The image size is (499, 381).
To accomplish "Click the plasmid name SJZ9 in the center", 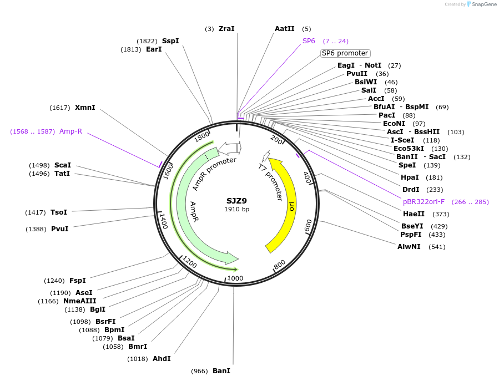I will (x=236, y=201).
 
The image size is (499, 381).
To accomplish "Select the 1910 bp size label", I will (x=236, y=209).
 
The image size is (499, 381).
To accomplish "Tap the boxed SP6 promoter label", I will (x=345, y=53).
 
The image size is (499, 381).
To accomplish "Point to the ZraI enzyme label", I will (x=226, y=28).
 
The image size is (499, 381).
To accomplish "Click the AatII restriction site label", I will (x=284, y=28).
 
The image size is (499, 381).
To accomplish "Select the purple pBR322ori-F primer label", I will (x=424, y=202).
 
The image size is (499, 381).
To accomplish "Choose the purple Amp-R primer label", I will (x=70, y=131).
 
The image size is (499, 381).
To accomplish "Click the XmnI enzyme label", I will (x=85, y=108).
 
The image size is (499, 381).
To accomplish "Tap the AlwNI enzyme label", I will (x=409, y=246).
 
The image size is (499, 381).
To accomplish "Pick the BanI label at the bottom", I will (x=221, y=370).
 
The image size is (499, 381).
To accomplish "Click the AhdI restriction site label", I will (x=162, y=359).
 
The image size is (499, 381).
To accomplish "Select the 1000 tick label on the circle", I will (x=235, y=278).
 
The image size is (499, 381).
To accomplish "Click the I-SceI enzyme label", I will (x=404, y=140).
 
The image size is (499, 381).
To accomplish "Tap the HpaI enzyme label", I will (x=410, y=177).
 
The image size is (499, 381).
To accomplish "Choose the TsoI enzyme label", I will (x=58, y=212).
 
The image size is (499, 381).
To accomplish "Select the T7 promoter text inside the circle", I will (x=271, y=181).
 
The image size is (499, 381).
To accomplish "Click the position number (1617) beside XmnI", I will (x=60, y=108).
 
